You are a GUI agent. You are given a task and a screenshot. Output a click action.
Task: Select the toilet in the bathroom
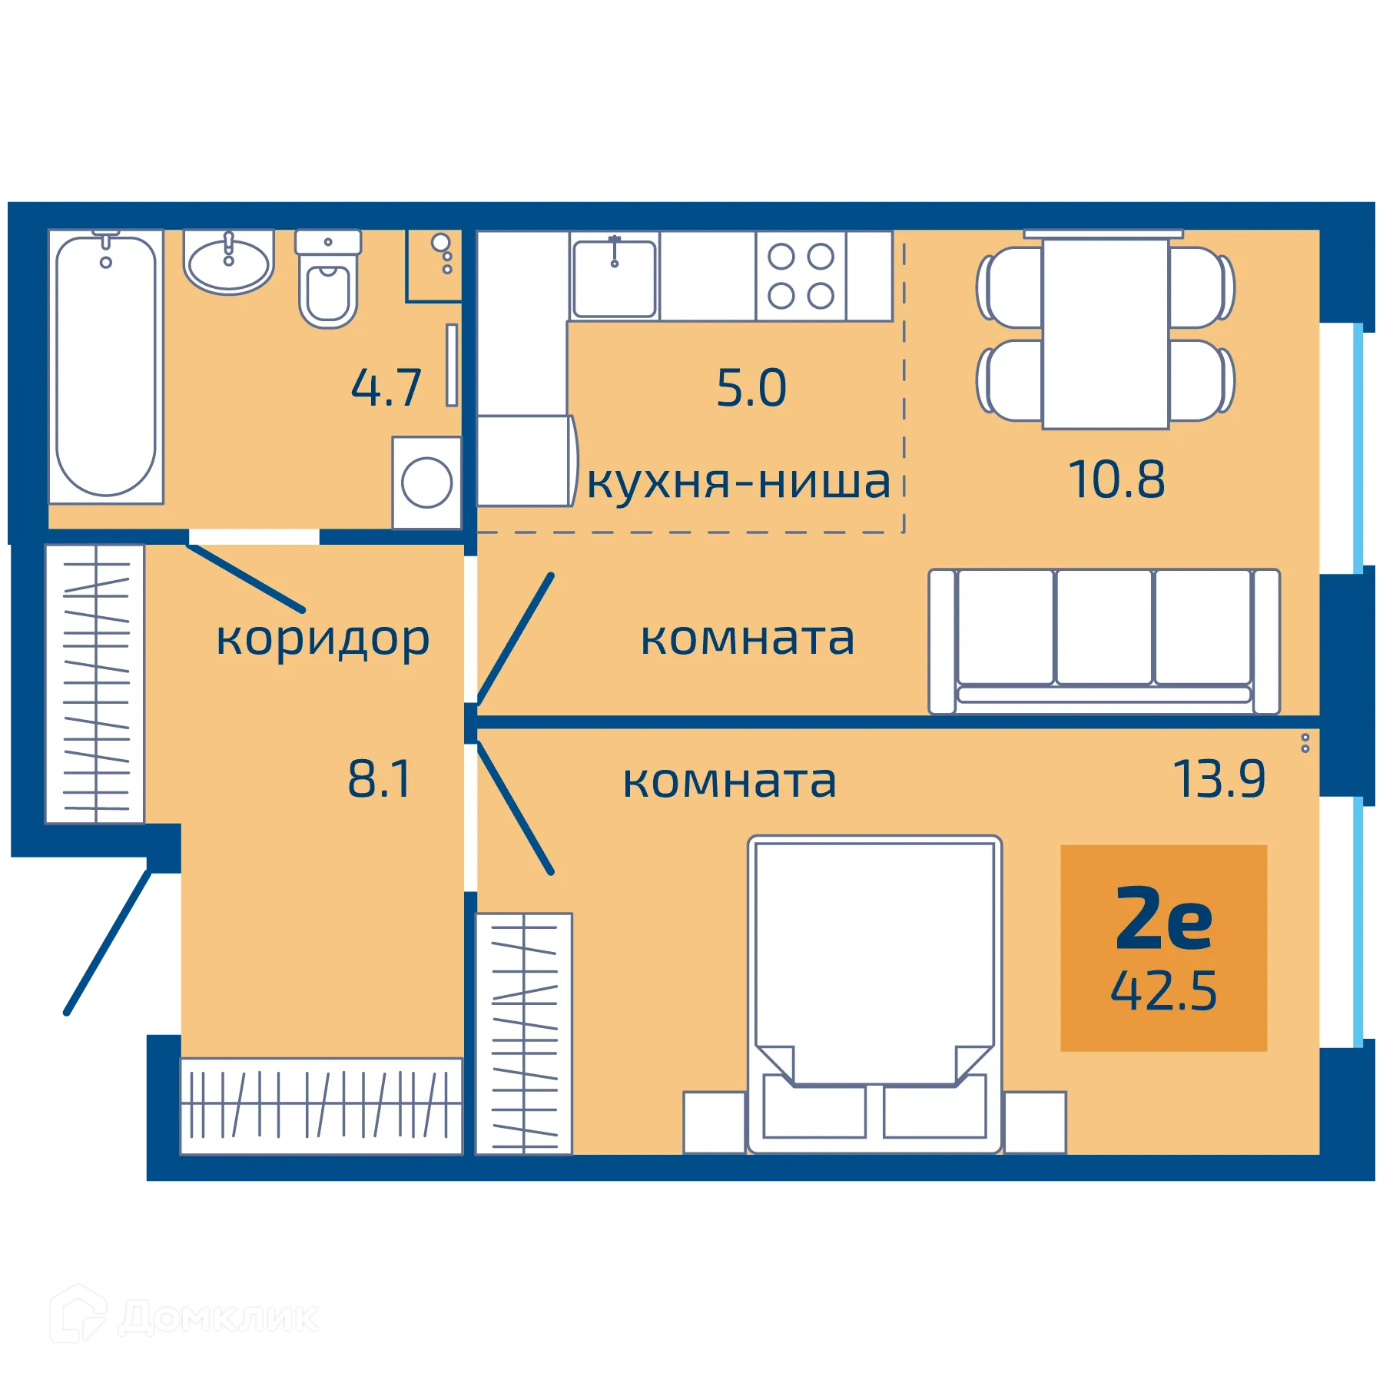coord(328,290)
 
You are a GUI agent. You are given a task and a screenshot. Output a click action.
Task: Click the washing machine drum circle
coord(426,483)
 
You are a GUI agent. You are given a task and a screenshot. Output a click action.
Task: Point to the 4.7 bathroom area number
coord(386,388)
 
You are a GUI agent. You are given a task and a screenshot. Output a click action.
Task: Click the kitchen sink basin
coord(614,278)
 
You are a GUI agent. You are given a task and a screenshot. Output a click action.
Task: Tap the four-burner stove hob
coord(801,276)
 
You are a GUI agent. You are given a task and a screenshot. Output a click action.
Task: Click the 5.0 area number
coord(751,388)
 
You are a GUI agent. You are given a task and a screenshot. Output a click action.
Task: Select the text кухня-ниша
coord(738,483)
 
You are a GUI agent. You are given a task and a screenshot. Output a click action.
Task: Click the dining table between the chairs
coord(1106,333)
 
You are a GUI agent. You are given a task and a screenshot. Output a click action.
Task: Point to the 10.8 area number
coord(1116,480)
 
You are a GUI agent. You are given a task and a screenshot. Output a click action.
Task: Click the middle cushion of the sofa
coord(1104,626)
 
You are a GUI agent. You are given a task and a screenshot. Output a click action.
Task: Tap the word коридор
coord(323,639)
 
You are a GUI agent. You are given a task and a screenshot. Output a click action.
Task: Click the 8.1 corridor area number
coord(380,779)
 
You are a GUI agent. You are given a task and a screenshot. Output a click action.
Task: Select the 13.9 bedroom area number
coord(1219,779)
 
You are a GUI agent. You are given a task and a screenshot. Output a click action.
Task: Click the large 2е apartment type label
coord(1163,919)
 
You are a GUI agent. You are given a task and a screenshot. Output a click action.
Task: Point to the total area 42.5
coord(1163,991)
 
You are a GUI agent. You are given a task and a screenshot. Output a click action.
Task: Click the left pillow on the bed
coord(814,1106)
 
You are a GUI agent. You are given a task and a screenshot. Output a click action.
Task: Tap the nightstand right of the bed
coord(1035,1122)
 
